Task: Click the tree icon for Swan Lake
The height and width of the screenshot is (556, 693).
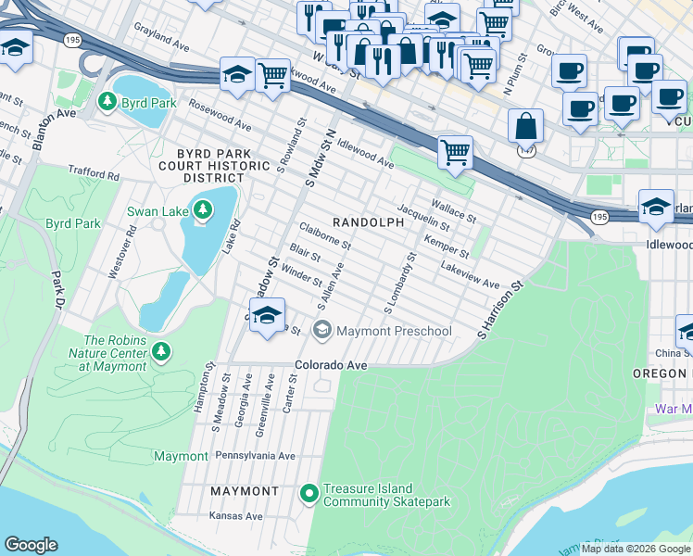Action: click(202, 211)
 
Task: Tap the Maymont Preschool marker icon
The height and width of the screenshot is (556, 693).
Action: click(322, 330)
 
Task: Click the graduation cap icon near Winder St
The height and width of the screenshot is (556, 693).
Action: click(267, 315)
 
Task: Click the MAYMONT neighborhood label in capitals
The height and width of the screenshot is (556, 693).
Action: click(244, 490)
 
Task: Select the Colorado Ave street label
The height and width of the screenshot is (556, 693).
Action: click(332, 365)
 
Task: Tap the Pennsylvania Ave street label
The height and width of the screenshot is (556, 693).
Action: click(255, 456)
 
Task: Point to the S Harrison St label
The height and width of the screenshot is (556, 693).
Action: click(501, 310)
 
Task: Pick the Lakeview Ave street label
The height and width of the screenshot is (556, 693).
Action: click(470, 274)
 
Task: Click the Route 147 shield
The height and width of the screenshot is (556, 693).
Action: click(525, 151)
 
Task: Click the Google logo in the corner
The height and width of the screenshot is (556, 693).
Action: click(31, 545)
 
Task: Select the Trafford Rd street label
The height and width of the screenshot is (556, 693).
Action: click(94, 173)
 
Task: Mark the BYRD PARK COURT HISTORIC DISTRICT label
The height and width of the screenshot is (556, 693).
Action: click(213, 164)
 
